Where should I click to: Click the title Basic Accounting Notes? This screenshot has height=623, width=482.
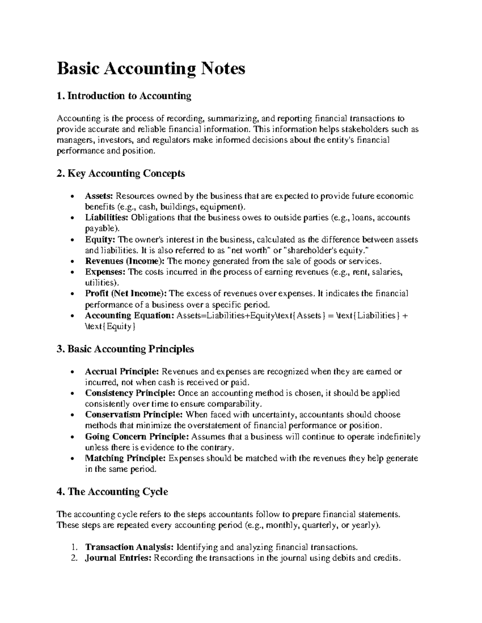(151, 69)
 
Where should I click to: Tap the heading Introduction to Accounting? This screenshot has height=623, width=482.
(124, 96)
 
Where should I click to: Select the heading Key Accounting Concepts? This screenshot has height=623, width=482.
(121, 173)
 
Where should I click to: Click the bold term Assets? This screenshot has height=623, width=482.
(100, 196)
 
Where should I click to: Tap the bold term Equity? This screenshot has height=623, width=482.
(100, 240)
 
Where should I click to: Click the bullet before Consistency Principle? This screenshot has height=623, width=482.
(71, 394)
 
